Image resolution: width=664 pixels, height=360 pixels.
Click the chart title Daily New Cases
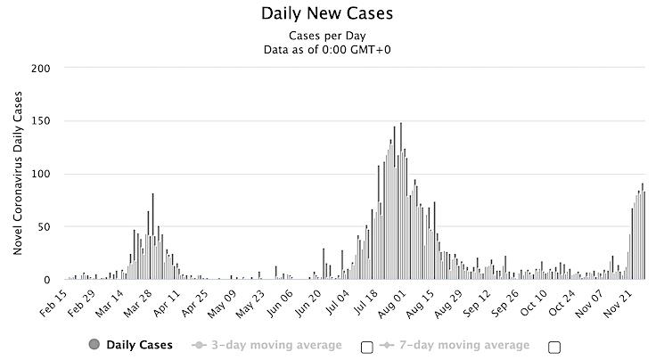click(x=326, y=14)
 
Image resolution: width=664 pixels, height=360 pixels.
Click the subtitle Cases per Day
click(x=326, y=35)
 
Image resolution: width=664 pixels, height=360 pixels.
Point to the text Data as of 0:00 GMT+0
click(x=326, y=49)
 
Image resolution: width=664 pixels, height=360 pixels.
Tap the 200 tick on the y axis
click(x=41, y=69)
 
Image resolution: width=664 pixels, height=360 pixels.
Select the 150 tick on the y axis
click(x=41, y=121)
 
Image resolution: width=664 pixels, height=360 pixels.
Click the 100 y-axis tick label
click(x=41, y=174)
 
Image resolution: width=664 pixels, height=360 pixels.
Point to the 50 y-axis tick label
click(x=44, y=226)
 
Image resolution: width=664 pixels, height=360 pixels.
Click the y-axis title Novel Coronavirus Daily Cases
click(x=18, y=174)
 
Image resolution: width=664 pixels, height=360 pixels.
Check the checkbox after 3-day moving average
click(x=366, y=347)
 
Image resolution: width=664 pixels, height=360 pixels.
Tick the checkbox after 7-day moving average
click(x=554, y=347)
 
